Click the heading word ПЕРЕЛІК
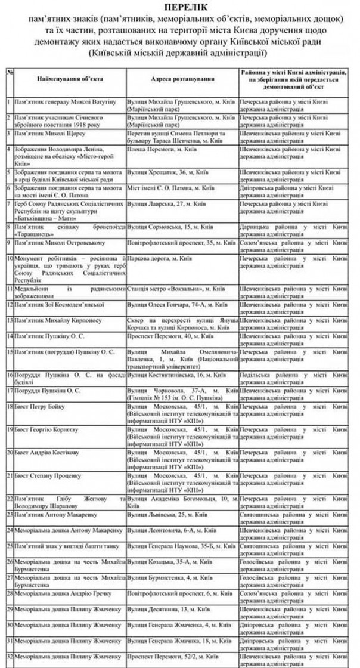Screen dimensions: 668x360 pyautogui.click(x=180, y=7)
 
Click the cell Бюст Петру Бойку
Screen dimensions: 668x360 pyautogui.click(x=38, y=406)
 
